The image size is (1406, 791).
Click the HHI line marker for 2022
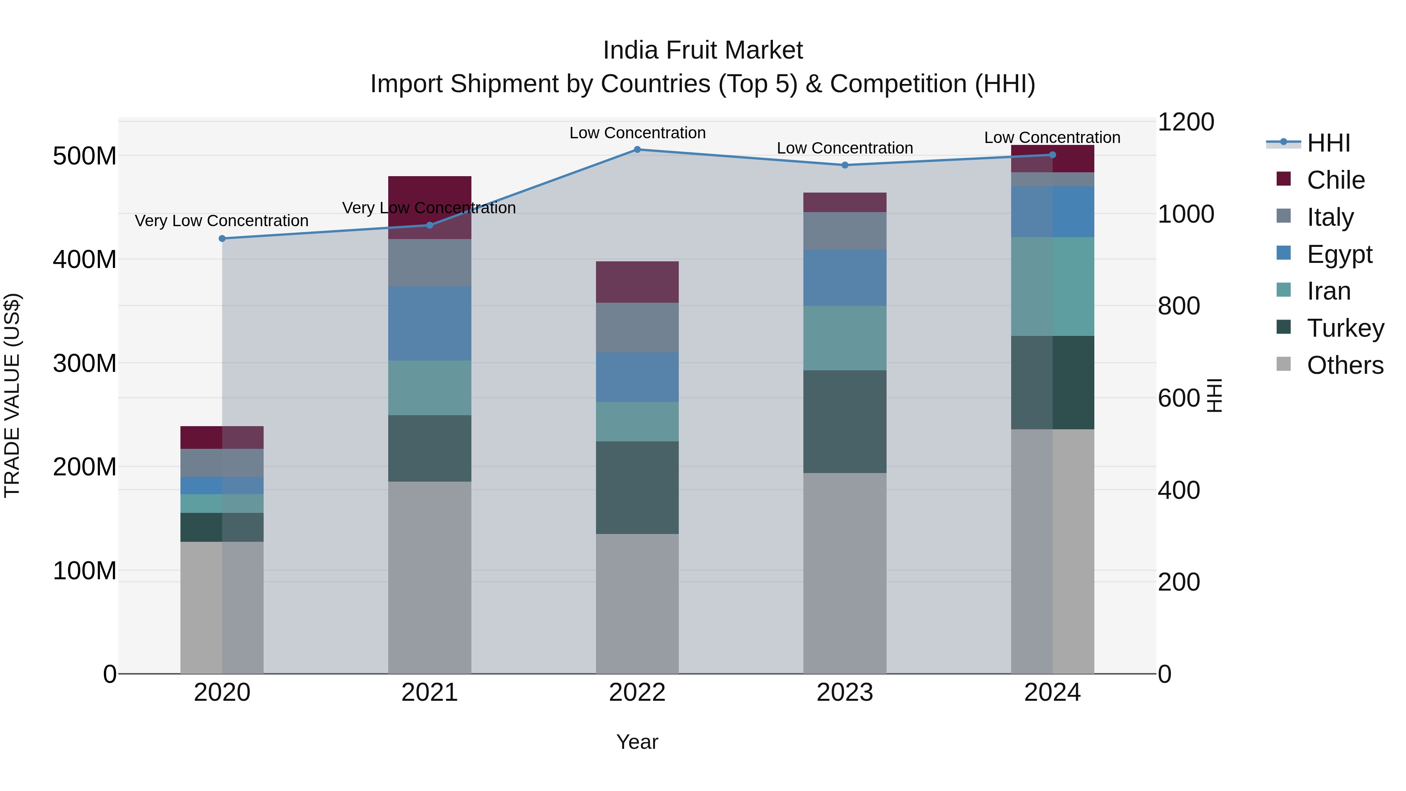click(x=637, y=150)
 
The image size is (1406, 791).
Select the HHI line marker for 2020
click(x=222, y=239)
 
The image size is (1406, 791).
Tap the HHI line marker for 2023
click(x=845, y=165)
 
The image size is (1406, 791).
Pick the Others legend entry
click(x=1345, y=365)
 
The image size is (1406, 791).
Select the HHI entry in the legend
click(x=1327, y=143)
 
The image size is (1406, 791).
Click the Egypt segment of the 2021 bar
click(x=430, y=323)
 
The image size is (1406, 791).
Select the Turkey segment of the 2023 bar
click(x=845, y=421)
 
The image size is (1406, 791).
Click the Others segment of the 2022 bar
click(x=637, y=603)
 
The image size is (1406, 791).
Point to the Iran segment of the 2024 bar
click(x=1052, y=287)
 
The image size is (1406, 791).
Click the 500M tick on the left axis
click(x=85, y=156)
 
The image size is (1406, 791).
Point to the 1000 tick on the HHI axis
click(x=1185, y=214)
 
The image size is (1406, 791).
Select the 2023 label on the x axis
click(x=845, y=693)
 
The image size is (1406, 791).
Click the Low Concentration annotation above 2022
click(x=637, y=133)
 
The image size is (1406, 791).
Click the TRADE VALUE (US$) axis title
click(x=12, y=395)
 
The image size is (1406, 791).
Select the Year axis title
click(x=637, y=742)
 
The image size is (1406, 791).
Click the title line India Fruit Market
click(x=703, y=50)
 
